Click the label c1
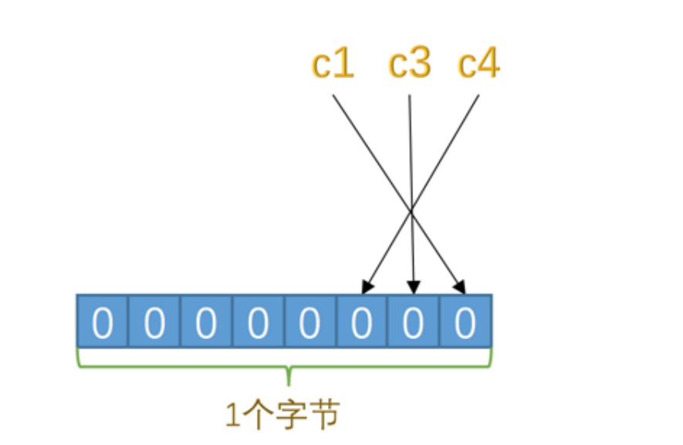click(333, 65)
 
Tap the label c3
click(409, 65)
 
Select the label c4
click(478, 65)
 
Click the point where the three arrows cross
click(411, 209)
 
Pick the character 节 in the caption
click(324, 416)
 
